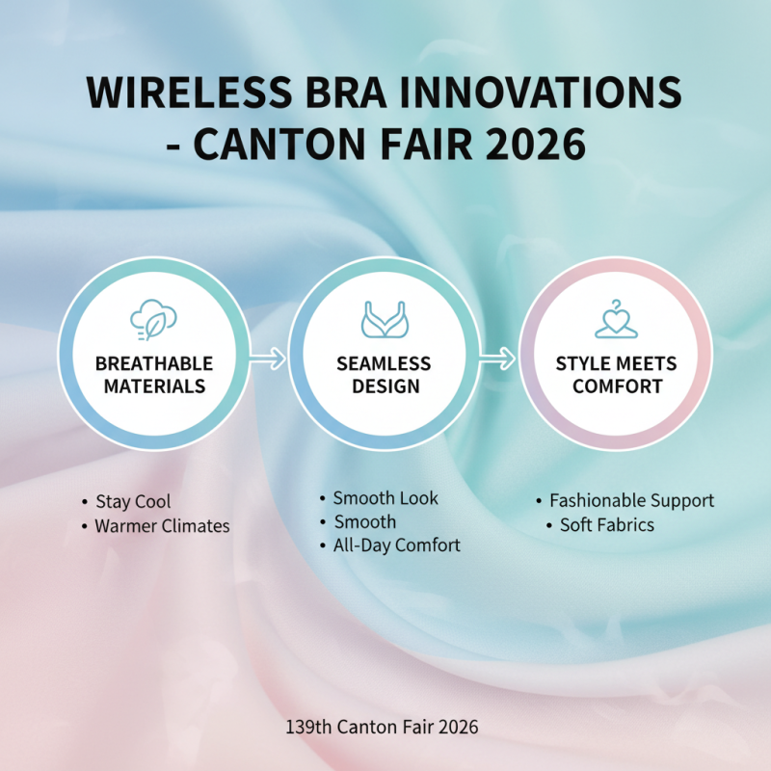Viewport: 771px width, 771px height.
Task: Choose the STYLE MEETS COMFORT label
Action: click(616, 375)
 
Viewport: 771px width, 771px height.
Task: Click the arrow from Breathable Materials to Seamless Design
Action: click(267, 359)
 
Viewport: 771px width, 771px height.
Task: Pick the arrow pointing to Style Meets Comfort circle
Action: click(499, 359)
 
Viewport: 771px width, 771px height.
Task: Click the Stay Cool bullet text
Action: click(133, 502)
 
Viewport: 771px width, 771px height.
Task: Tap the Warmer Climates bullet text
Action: click(162, 526)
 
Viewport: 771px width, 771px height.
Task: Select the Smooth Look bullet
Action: click(385, 498)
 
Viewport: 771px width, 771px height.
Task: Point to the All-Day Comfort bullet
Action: click(396, 545)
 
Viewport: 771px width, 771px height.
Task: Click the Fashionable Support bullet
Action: click(631, 501)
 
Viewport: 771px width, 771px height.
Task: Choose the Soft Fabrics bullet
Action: click(607, 525)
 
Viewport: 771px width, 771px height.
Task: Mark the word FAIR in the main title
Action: click(429, 146)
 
